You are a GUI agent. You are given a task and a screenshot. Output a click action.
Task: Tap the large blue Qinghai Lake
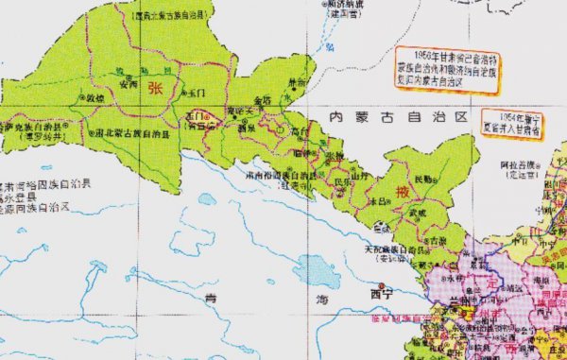(x=311, y=271)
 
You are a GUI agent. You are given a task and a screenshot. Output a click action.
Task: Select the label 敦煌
(x=96, y=96)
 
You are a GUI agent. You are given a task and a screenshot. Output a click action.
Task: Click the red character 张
(x=155, y=87)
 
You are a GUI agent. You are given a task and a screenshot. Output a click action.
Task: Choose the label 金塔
(x=264, y=97)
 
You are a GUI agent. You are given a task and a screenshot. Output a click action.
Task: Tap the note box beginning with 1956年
(x=446, y=70)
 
